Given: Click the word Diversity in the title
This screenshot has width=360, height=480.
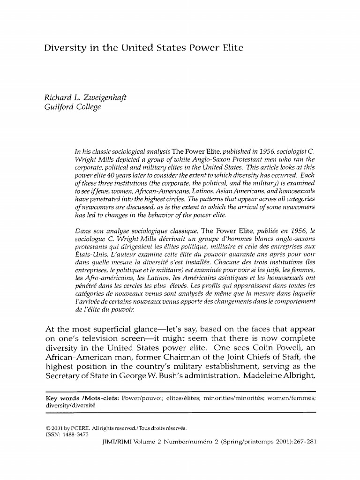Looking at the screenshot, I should [x=61, y=48].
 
